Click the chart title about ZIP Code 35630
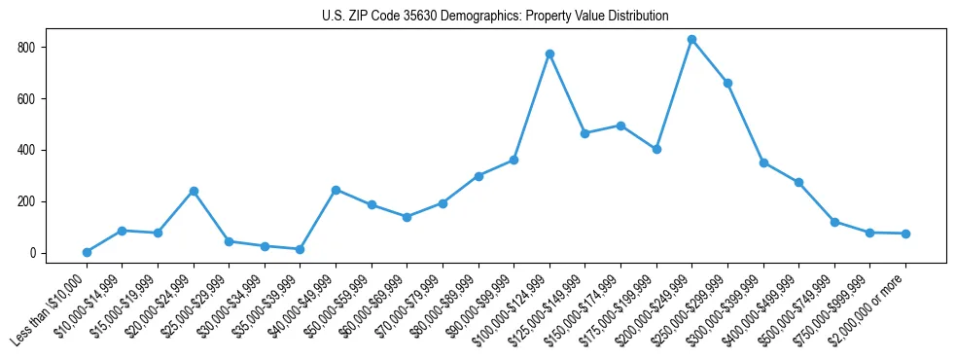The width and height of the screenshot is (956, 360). pyautogui.click(x=495, y=17)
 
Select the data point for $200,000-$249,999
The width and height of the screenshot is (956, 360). pyautogui.click(x=691, y=40)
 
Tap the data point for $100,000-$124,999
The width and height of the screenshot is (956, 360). pyautogui.click(x=549, y=54)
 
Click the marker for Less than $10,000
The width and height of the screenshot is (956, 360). pyautogui.click(x=87, y=252)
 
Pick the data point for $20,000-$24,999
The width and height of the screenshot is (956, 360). pyautogui.click(x=194, y=191)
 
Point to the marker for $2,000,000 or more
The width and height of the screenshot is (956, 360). pyautogui.click(x=905, y=234)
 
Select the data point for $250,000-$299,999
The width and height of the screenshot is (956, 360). pyautogui.click(x=727, y=84)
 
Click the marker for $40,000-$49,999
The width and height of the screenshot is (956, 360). pyautogui.click(x=336, y=190)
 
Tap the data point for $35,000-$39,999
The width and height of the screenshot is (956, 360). pyautogui.click(x=300, y=249)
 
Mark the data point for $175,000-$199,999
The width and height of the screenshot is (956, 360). pyautogui.click(x=656, y=149)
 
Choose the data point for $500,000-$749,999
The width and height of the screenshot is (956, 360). pyautogui.click(x=834, y=222)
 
